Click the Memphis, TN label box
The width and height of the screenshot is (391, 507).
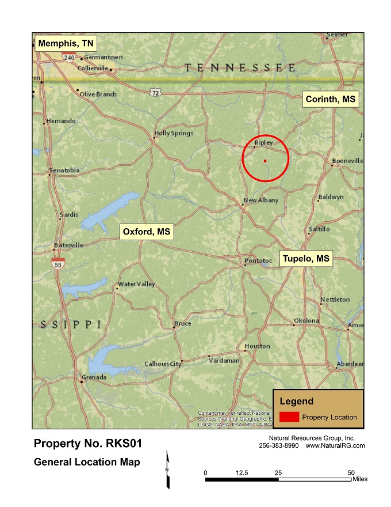click(x=66, y=43)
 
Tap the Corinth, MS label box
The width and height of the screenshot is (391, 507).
click(x=330, y=99)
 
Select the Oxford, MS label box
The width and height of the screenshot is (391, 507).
click(x=147, y=232)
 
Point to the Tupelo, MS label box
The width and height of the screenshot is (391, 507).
click(x=306, y=259)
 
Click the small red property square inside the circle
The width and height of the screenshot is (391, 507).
click(x=265, y=161)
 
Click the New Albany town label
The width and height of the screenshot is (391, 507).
click(x=261, y=200)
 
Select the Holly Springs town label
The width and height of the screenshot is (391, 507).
click(x=174, y=133)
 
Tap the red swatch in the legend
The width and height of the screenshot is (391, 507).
click(x=289, y=417)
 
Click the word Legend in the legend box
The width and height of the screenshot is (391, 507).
click(x=296, y=402)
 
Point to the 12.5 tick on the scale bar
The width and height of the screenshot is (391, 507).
click(x=241, y=472)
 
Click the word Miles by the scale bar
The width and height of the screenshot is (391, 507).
click(x=359, y=479)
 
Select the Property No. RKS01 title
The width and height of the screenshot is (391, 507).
click(x=87, y=444)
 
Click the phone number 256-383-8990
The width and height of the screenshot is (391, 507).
click(x=279, y=446)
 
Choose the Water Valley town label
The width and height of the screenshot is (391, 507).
click(x=136, y=284)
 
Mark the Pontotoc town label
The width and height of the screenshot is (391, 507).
click(x=258, y=261)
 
